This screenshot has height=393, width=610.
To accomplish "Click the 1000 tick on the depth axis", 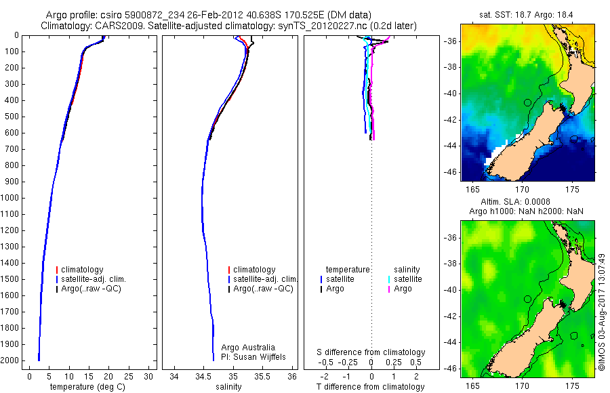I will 12,198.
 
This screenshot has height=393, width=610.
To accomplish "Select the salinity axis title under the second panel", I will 228,387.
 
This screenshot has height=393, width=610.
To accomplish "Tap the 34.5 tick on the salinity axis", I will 204,376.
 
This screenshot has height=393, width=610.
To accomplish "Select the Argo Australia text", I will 249,347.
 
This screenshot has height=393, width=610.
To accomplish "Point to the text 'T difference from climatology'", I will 371,387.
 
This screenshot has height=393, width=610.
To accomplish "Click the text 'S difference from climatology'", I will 371,352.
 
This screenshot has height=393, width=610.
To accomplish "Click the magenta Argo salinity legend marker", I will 388,289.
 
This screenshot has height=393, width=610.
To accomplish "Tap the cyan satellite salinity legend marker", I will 388,279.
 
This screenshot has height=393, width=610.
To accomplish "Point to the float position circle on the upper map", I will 527,102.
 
